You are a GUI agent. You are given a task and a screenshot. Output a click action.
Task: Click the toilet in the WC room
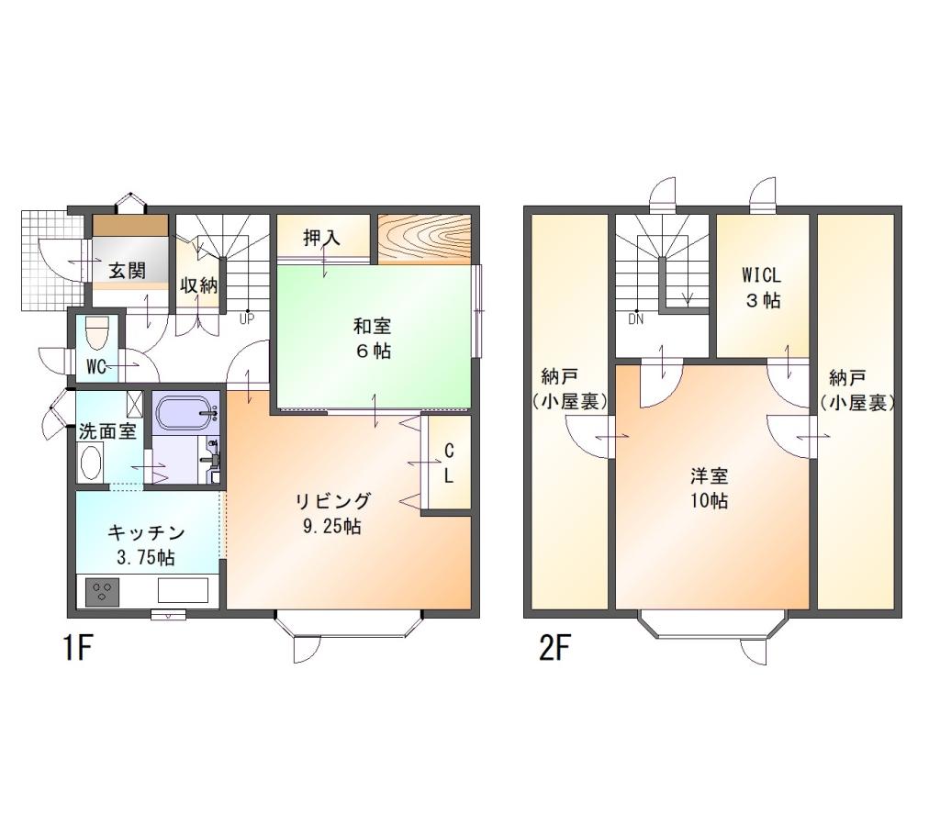(96, 334)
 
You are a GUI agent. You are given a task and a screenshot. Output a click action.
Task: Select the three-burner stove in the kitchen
(102, 592)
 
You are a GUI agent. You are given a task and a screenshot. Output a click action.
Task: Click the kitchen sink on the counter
(183, 590)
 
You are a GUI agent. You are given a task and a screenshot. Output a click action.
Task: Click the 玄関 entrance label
(128, 271)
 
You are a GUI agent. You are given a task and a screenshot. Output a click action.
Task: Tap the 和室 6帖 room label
(373, 339)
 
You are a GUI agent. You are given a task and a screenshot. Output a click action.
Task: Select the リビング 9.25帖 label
(332, 514)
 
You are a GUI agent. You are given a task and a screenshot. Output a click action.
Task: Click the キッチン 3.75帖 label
(146, 545)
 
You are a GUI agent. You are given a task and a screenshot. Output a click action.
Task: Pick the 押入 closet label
(322, 238)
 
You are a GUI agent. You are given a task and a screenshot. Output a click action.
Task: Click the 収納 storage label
(199, 285)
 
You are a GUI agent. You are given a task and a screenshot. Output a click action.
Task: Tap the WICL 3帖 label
(762, 287)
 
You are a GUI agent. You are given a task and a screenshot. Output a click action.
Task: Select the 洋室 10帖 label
(710, 488)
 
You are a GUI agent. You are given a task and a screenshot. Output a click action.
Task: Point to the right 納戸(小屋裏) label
(857, 391)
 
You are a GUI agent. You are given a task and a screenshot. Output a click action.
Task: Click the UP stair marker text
(247, 318)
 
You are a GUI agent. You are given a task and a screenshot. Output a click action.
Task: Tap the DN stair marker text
(636, 319)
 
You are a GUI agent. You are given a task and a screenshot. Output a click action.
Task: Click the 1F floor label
(78, 648)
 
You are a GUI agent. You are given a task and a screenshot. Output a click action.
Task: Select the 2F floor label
(554, 648)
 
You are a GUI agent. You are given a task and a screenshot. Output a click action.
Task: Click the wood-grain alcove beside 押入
(424, 239)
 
